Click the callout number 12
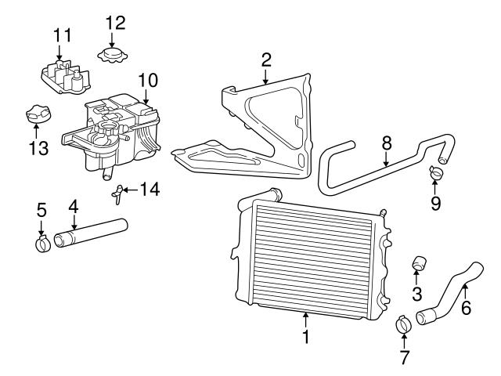[115, 23]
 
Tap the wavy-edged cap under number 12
[112, 56]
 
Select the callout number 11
[63, 35]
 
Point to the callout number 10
[148, 81]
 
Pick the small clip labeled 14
[117, 193]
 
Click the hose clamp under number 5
[42, 244]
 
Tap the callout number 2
[266, 60]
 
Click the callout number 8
[387, 144]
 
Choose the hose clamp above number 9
[437, 172]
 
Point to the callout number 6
[467, 308]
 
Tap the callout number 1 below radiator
[306, 336]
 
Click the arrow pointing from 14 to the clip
[131, 190]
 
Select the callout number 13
[38, 148]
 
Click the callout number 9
[435, 204]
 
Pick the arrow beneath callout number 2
[265, 77]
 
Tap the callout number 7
[405, 357]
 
